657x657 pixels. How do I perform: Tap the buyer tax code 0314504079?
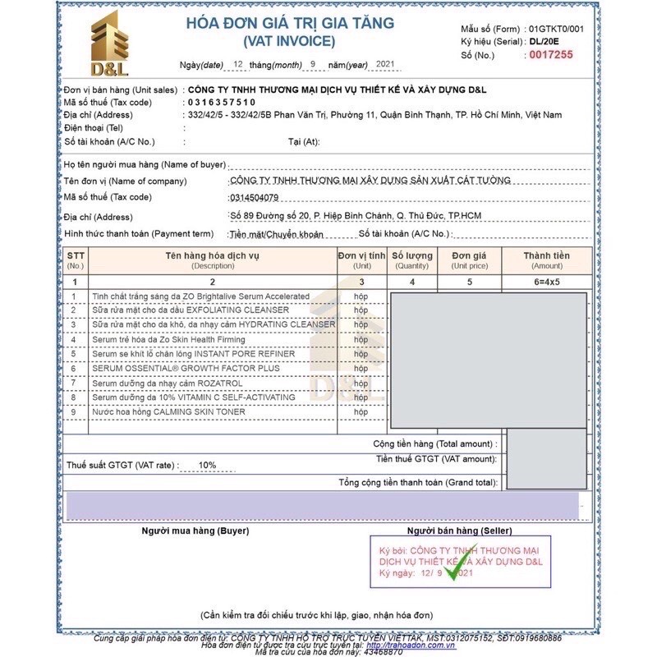tap(255, 198)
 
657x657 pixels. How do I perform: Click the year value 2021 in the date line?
tap(384, 63)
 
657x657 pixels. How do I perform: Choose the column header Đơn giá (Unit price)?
tap(470, 260)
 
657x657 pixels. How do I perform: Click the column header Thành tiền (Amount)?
tap(547, 260)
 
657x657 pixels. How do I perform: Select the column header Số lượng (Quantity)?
tap(412, 260)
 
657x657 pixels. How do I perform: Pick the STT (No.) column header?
tap(76, 260)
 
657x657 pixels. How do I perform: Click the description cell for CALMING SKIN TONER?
tap(168, 411)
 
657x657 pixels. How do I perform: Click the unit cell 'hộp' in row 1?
tap(361, 296)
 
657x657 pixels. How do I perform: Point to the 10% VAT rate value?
tap(207, 465)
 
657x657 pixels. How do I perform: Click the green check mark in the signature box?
tap(455, 565)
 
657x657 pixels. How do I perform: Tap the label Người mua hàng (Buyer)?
tap(195, 531)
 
